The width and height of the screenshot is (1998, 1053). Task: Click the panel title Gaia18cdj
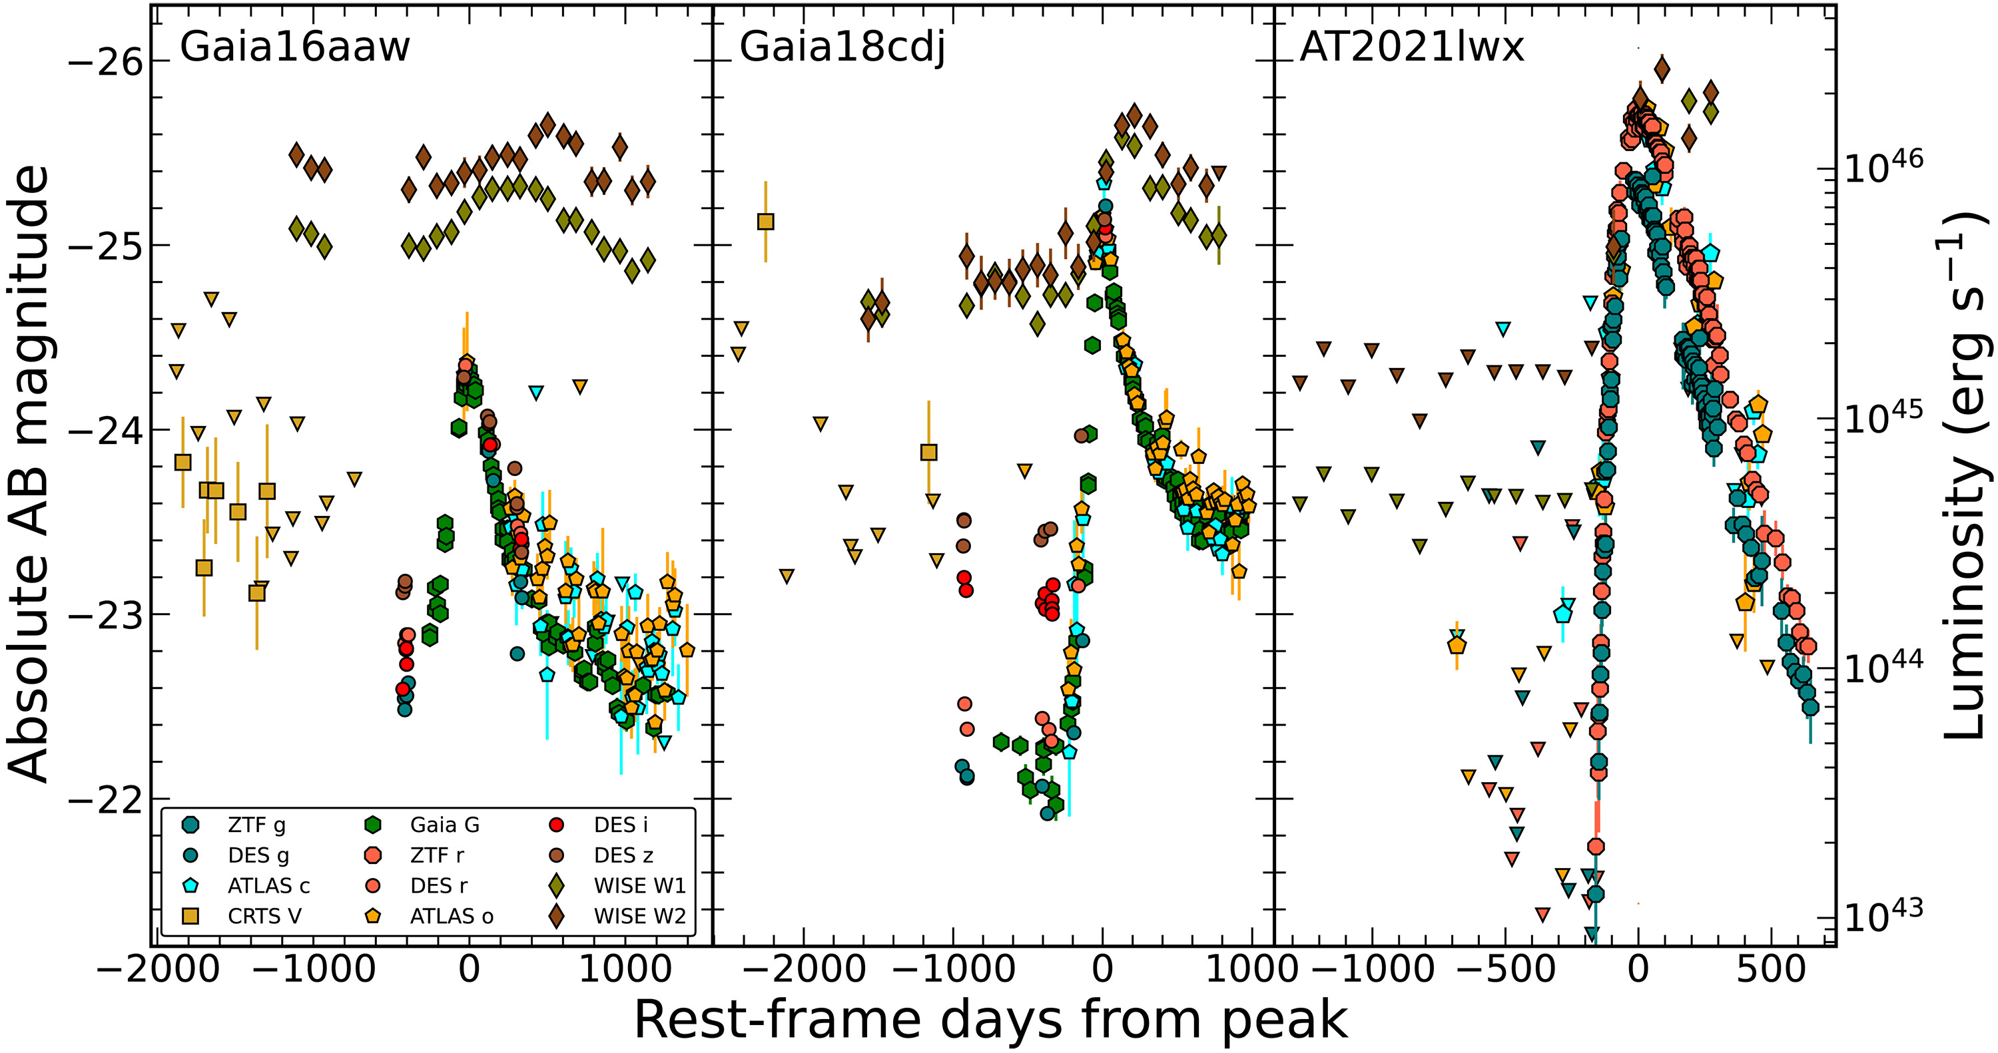click(842, 47)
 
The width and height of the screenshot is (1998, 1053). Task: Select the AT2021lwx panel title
click(1412, 47)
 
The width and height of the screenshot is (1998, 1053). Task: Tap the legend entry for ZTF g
click(256, 825)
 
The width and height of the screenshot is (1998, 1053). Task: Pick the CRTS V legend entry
click(264, 917)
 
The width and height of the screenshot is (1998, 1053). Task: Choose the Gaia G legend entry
click(444, 825)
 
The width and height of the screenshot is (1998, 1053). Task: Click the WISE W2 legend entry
click(639, 917)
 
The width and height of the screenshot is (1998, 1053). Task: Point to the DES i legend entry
click(621, 825)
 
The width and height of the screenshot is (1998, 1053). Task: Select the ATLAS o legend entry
click(452, 917)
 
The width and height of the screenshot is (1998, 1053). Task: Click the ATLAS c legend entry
click(268, 885)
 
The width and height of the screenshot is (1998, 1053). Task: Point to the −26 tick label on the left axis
click(107, 62)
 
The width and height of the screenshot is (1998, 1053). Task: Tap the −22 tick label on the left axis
click(107, 799)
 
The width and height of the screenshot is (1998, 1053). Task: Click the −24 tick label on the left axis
click(107, 431)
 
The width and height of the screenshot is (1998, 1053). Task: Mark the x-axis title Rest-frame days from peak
click(991, 1019)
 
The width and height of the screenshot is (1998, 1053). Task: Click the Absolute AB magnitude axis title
click(29, 473)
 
